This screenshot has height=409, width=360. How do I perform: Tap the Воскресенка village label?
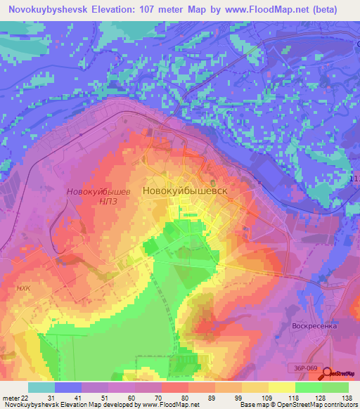[314, 326]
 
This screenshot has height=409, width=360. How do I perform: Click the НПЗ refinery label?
[98, 202]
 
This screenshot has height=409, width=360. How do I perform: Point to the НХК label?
[25, 287]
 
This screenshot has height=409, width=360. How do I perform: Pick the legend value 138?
[347, 398]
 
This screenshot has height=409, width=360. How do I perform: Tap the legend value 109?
[268, 398]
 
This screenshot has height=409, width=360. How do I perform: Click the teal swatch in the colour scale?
[41, 387]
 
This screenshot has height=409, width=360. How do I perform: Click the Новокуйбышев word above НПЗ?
[98, 191]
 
